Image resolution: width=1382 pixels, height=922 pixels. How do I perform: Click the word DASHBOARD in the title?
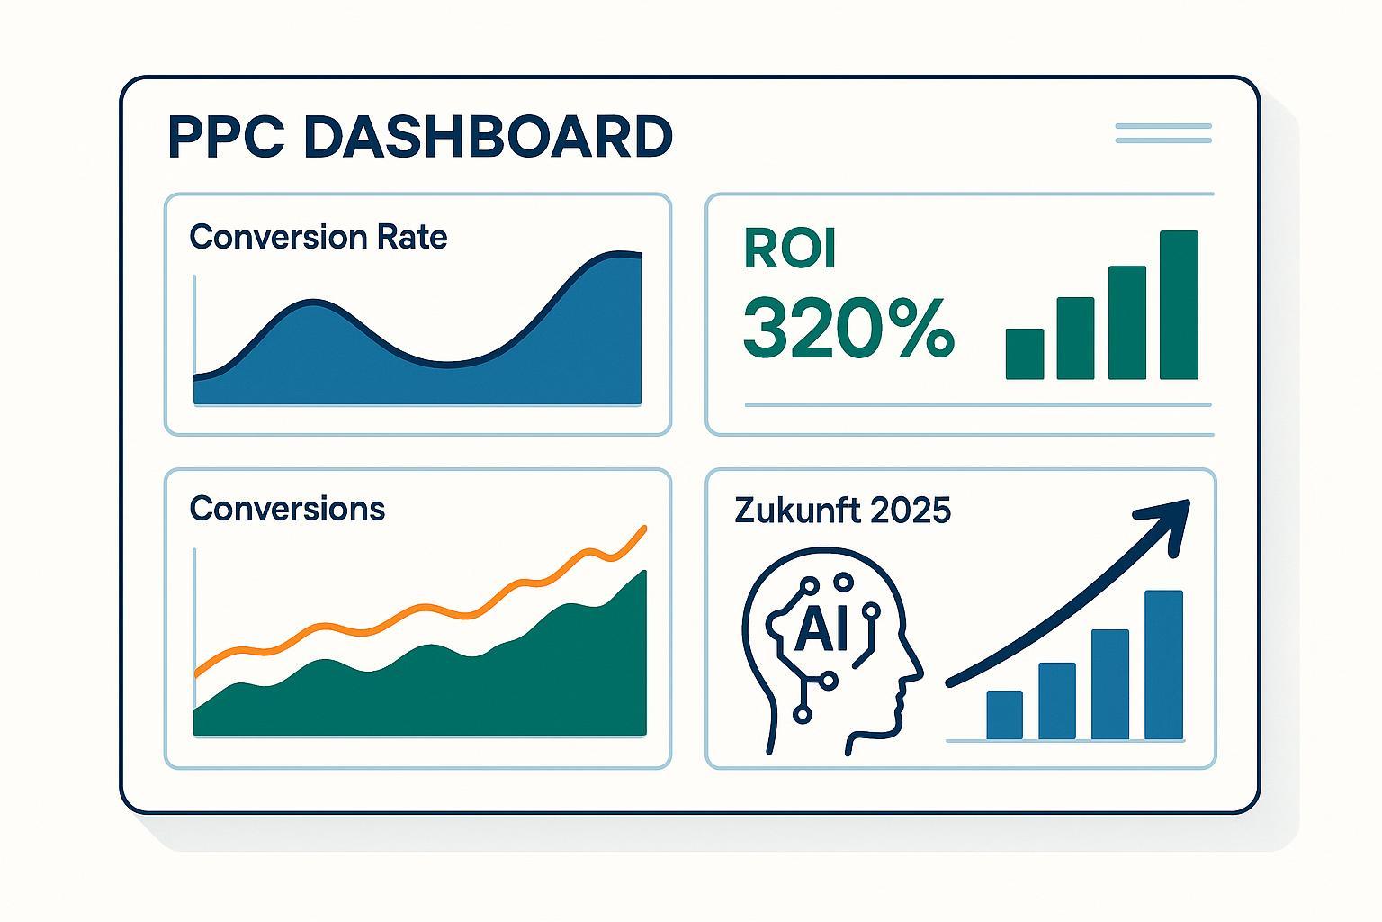click(x=488, y=137)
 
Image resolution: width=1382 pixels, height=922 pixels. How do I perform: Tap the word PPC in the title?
click(x=226, y=137)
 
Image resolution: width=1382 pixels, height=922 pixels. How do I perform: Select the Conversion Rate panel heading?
click(x=318, y=237)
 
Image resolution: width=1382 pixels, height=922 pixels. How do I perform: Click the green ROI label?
click(x=790, y=249)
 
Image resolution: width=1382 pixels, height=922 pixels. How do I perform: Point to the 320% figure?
click(x=849, y=328)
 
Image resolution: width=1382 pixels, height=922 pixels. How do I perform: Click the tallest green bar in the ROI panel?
click(x=1179, y=304)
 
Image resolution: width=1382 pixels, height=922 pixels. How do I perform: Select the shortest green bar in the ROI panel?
click(x=1025, y=353)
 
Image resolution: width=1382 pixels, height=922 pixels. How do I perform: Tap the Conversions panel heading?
click(x=287, y=509)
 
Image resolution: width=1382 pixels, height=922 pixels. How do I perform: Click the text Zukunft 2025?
click(x=842, y=511)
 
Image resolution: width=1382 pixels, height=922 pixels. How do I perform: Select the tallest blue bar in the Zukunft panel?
click(x=1163, y=664)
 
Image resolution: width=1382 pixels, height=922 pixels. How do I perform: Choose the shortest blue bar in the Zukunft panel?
click(x=1004, y=715)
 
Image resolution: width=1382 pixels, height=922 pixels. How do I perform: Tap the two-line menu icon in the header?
click(x=1163, y=133)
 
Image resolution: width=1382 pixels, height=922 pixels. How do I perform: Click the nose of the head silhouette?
click(x=918, y=669)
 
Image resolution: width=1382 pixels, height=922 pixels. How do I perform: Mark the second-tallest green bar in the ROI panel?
click(x=1127, y=322)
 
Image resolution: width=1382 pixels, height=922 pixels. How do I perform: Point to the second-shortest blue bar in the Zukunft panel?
click(x=1057, y=701)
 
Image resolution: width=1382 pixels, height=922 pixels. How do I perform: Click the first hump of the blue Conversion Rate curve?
click(x=313, y=302)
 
